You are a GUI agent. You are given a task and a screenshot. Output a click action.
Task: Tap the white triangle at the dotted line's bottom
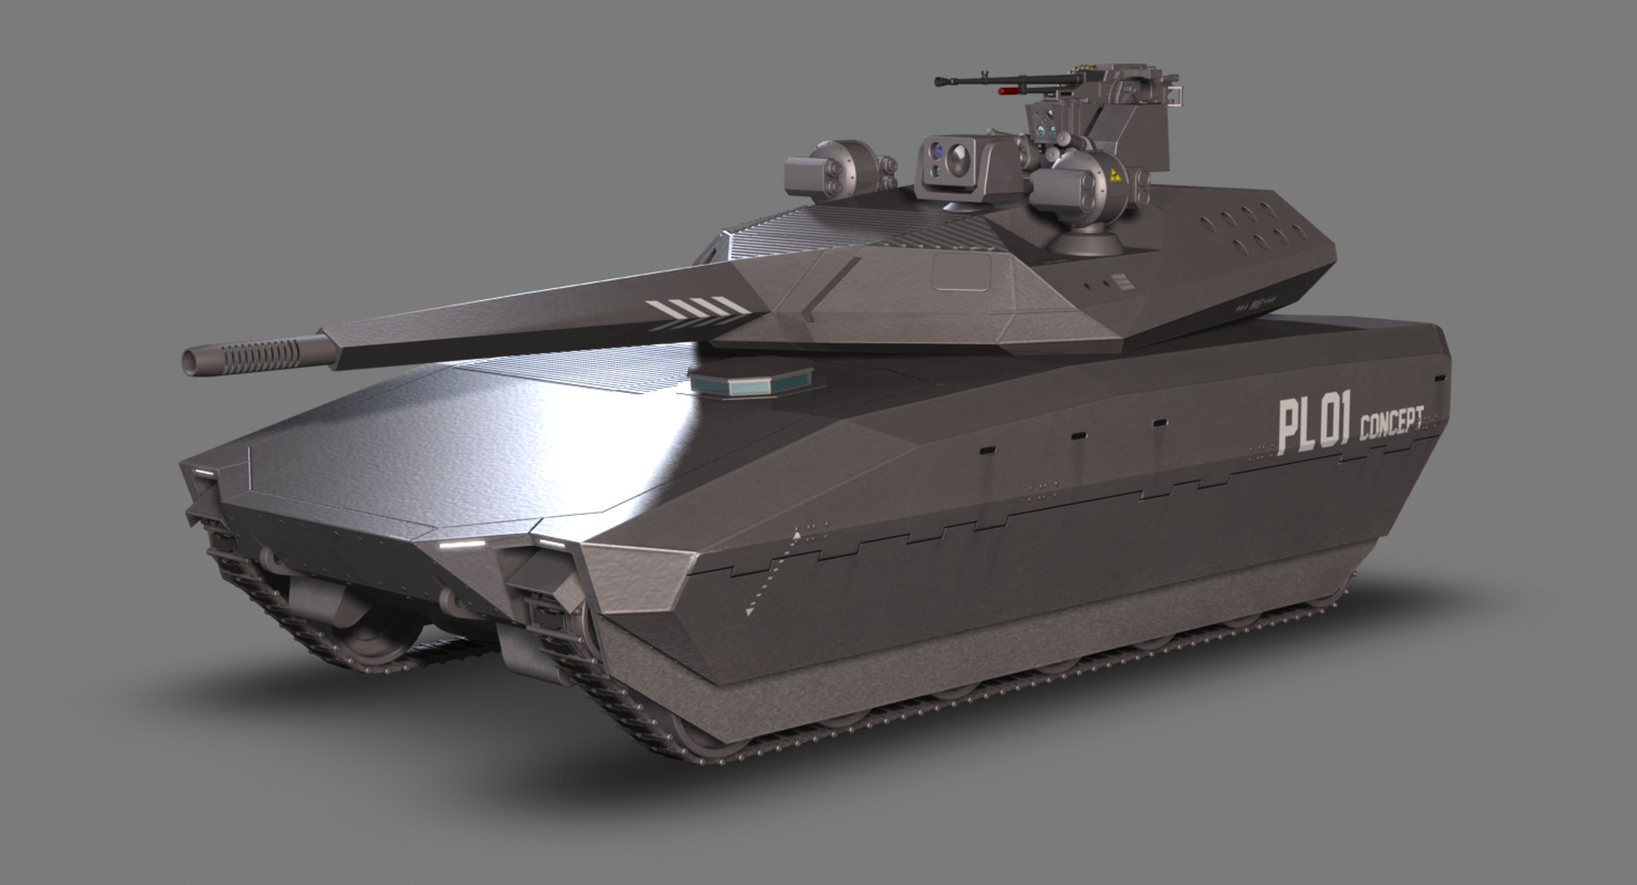pos(749,610)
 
